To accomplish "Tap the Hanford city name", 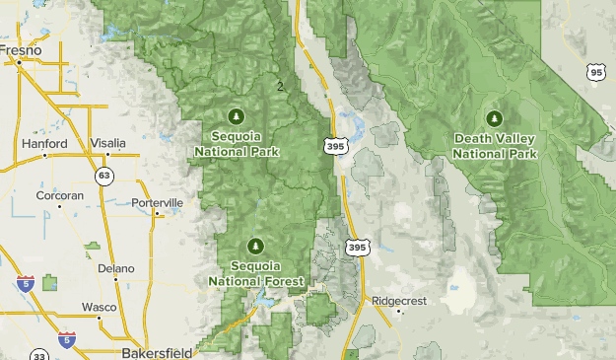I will pyautogui.click(x=45, y=144).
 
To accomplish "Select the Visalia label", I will pyautogui.click(x=107, y=143).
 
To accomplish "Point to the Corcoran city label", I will pyautogui.click(x=59, y=195).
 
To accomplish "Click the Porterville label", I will pyautogui.click(x=158, y=202).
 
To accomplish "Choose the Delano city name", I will pyautogui.click(x=115, y=267).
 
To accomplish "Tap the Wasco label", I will pyautogui.click(x=99, y=307).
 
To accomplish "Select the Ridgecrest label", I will pyautogui.click(x=398, y=300).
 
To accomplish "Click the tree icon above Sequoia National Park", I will pyautogui.click(x=237, y=113).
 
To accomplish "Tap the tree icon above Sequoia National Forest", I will pyautogui.click(x=255, y=245).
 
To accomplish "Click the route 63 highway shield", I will pyautogui.click(x=103, y=176).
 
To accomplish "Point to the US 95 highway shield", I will pyautogui.click(x=593, y=71).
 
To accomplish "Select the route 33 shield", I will pyautogui.click(x=39, y=355).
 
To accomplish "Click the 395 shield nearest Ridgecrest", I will pyautogui.click(x=357, y=248).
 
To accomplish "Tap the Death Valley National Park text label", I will pyautogui.click(x=495, y=147).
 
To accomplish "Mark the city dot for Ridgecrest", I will pyautogui.click(x=398, y=312).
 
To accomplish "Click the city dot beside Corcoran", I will pyautogui.click(x=59, y=206).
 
